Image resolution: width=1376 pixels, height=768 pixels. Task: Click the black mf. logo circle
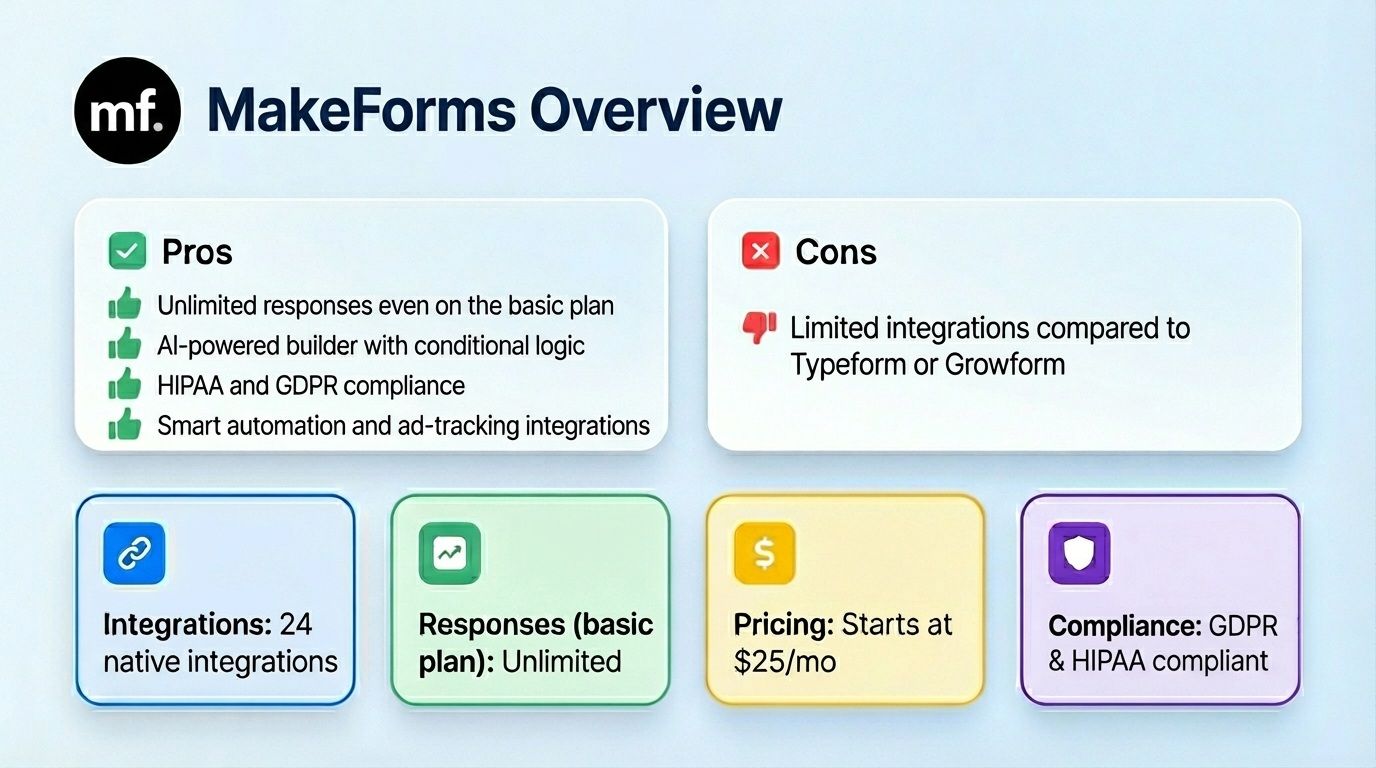[x=127, y=111]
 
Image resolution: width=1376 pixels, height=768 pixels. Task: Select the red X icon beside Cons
[x=760, y=251]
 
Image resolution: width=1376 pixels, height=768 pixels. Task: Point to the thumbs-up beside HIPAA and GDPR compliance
[x=125, y=385]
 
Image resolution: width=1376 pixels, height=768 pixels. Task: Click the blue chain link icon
[x=134, y=553]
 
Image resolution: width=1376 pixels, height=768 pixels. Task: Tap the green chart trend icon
[x=449, y=553]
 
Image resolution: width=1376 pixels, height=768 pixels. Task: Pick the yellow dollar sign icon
[x=764, y=553]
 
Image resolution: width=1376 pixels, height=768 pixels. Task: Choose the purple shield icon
[x=1079, y=553]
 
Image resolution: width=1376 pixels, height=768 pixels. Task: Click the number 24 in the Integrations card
[x=295, y=625]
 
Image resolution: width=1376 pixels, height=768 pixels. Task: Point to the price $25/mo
[x=784, y=662]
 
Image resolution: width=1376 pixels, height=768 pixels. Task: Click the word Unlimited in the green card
[x=561, y=662]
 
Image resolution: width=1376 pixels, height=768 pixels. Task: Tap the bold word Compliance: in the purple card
[x=1123, y=626]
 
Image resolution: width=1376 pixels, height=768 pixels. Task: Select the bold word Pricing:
[x=784, y=625]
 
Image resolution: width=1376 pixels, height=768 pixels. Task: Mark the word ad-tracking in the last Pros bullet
[x=460, y=426]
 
